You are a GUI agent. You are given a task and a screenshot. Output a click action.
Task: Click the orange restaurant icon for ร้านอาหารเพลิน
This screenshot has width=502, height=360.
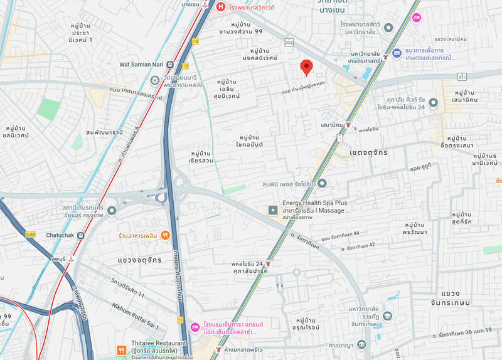[165, 235]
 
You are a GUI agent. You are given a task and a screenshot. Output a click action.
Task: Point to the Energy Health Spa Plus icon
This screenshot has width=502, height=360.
[273, 210]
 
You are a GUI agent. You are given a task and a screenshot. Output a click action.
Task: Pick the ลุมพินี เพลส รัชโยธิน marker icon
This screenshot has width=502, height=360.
[322, 183]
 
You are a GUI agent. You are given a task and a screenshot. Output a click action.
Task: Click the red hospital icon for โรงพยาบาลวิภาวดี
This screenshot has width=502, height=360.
[220, 8]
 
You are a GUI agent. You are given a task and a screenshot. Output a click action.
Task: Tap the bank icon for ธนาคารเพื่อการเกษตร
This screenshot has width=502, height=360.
[396, 55]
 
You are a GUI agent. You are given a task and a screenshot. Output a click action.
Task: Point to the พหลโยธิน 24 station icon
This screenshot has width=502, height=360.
[269, 264]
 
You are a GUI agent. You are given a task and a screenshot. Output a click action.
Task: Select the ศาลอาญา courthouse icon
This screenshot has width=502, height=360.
[361, 344]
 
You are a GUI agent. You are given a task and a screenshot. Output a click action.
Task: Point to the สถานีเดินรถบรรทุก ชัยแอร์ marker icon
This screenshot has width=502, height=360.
[112, 211]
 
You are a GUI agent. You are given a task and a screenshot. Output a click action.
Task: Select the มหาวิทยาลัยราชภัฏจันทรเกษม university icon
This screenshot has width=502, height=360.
[387, 315]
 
